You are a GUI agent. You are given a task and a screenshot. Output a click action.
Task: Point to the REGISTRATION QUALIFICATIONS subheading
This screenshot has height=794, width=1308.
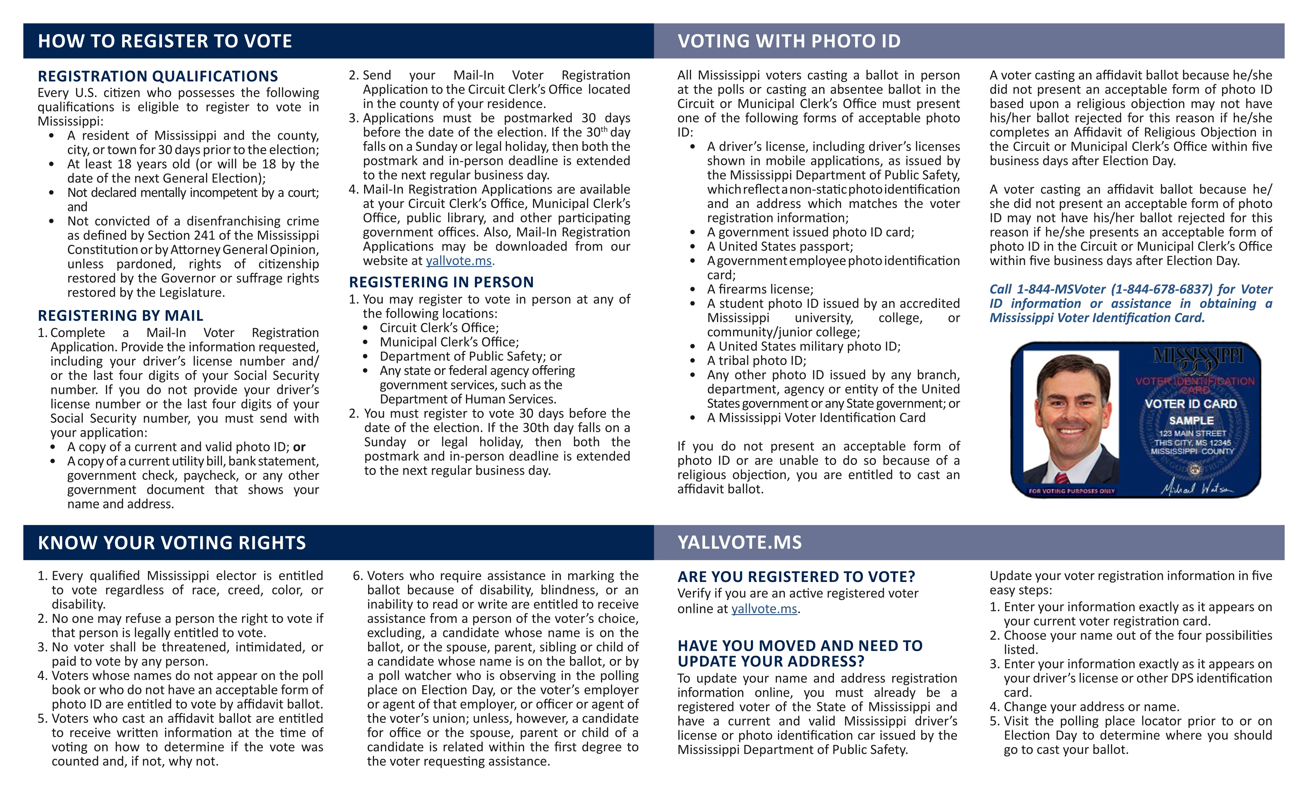click(x=158, y=76)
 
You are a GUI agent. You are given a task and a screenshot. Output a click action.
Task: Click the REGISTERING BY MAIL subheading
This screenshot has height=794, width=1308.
click(x=121, y=316)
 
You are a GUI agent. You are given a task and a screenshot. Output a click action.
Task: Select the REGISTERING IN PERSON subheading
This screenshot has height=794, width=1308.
click(x=441, y=282)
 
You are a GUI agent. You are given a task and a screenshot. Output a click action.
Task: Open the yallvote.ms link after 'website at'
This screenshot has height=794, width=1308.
click(x=459, y=261)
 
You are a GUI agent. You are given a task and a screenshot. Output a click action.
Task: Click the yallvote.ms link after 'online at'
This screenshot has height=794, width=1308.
click(x=764, y=609)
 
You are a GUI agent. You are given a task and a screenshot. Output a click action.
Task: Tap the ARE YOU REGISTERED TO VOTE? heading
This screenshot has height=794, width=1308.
click(x=796, y=577)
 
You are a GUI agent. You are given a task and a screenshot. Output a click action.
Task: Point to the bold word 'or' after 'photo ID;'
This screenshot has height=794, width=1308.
click(x=299, y=447)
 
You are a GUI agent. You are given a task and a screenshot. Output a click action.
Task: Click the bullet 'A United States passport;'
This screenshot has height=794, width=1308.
click(x=780, y=247)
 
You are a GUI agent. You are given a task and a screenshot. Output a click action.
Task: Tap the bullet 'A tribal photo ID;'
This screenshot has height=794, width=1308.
click(x=756, y=361)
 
